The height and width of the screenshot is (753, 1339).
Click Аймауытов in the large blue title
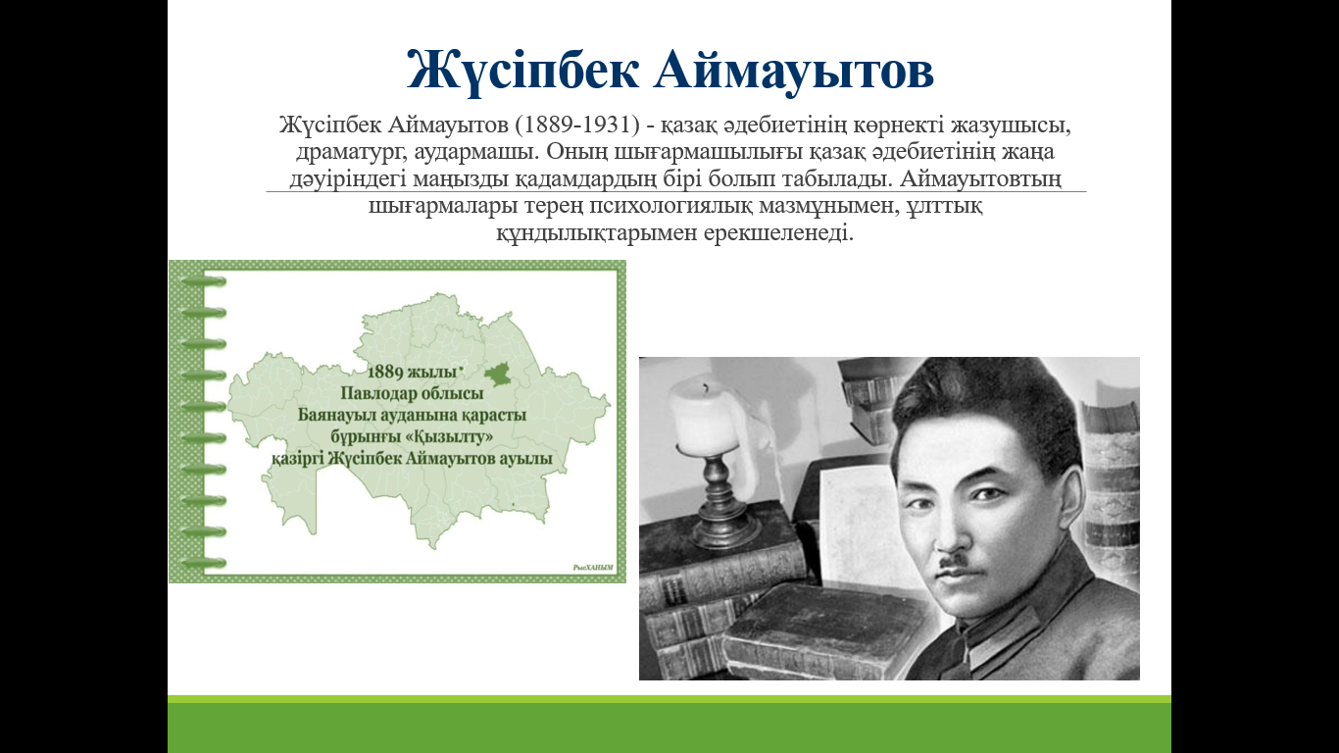click(794, 71)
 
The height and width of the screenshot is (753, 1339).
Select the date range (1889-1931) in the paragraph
click(576, 125)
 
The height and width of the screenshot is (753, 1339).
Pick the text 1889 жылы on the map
click(412, 372)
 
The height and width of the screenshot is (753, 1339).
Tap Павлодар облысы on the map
click(412, 393)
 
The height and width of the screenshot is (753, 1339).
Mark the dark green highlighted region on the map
click(498, 374)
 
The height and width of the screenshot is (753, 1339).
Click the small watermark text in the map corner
click(593, 567)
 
